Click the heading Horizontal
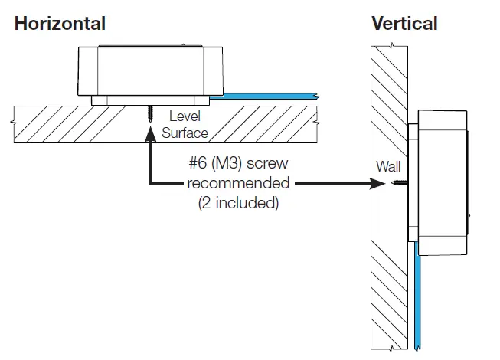pyautogui.click(x=60, y=23)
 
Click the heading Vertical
pyautogui.click(x=404, y=23)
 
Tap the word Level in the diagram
pyautogui.click(x=185, y=117)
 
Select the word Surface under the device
pyautogui.click(x=185, y=133)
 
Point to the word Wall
pyautogui.click(x=388, y=165)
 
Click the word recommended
pyautogui.click(x=238, y=184)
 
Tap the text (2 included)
pyautogui.click(x=238, y=204)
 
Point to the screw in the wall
pyautogui.click(x=400, y=184)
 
